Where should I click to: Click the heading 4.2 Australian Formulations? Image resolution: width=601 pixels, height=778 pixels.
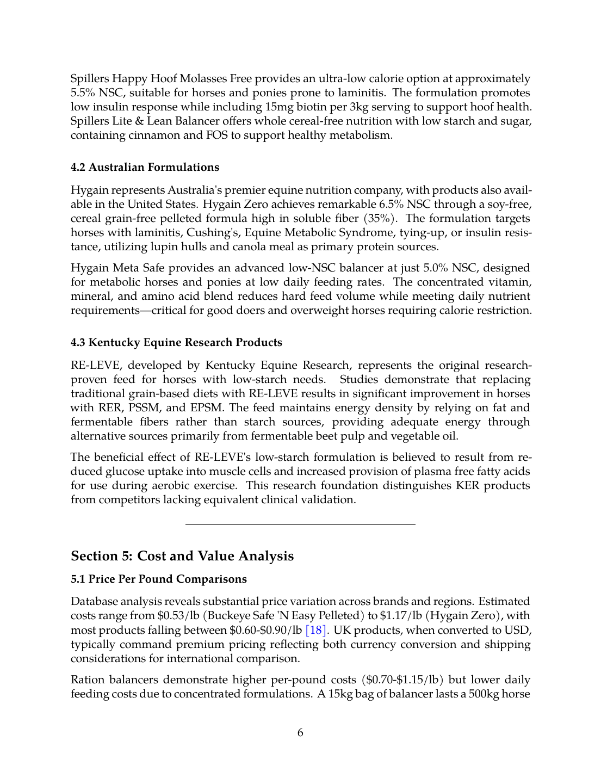point(145,168)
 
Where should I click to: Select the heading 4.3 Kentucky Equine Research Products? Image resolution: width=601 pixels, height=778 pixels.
point(176,343)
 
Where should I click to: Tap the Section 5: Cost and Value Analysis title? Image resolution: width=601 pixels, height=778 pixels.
point(182,556)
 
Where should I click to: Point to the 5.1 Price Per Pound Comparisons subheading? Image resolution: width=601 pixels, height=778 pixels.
point(159,579)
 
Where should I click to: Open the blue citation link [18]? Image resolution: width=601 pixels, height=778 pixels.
point(316,631)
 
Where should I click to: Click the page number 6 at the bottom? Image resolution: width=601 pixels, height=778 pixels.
point(300,733)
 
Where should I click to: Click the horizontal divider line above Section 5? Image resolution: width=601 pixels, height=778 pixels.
point(300,525)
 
